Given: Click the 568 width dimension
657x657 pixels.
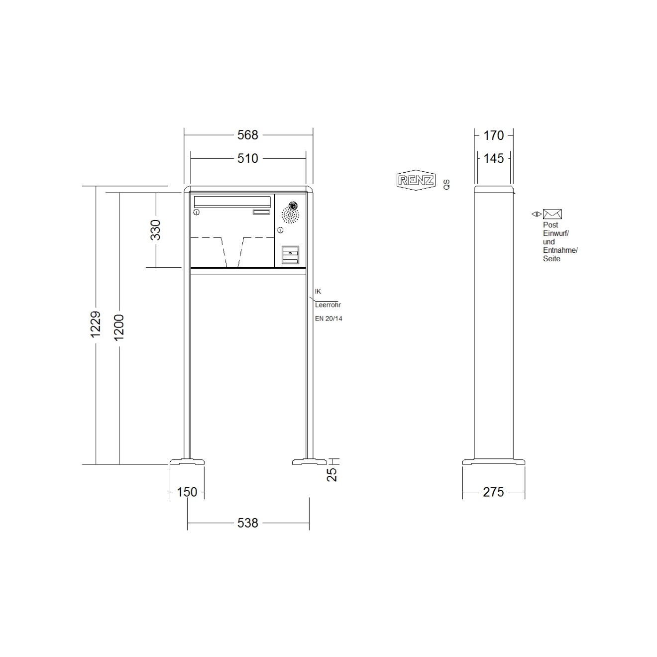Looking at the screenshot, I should click(x=247, y=135).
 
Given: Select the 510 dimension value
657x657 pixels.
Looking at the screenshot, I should click(x=247, y=158).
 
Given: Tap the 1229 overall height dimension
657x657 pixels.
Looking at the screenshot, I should click(x=96, y=324).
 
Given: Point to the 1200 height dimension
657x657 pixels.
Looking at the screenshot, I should click(x=119, y=327).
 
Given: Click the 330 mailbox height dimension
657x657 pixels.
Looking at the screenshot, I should click(x=156, y=229).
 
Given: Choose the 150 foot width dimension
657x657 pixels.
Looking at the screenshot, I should click(x=187, y=492).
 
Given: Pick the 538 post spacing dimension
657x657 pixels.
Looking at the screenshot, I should click(x=247, y=523).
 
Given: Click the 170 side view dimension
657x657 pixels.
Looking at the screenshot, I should click(x=493, y=135).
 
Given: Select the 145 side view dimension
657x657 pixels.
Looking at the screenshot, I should click(x=493, y=158).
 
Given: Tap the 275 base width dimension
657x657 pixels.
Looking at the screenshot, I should click(x=493, y=492).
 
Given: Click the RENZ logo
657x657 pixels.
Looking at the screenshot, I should click(x=416, y=181).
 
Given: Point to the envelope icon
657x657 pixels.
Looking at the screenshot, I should click(x=552, y=214).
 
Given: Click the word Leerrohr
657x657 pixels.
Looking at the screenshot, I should click(x=328, y=305).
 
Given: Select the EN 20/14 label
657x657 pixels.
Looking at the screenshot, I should click(x=328, y=319).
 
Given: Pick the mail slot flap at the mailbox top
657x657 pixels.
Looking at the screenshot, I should click(x=232, y=201).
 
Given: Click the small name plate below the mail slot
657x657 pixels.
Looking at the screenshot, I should click(x=261, y=213).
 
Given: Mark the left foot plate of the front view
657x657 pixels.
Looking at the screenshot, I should click(x=187, y=461).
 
